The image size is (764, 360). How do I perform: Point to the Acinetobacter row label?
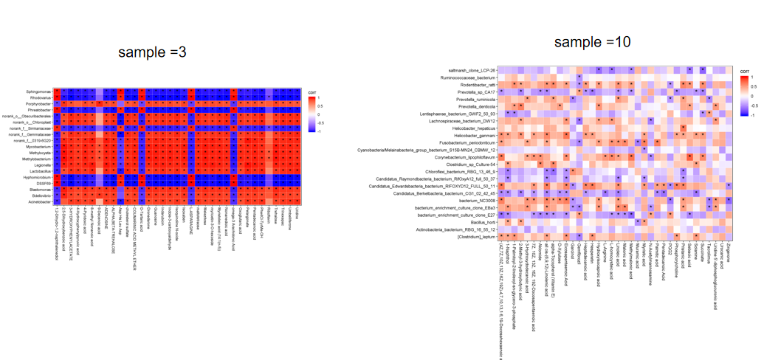[x=40, y=201]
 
